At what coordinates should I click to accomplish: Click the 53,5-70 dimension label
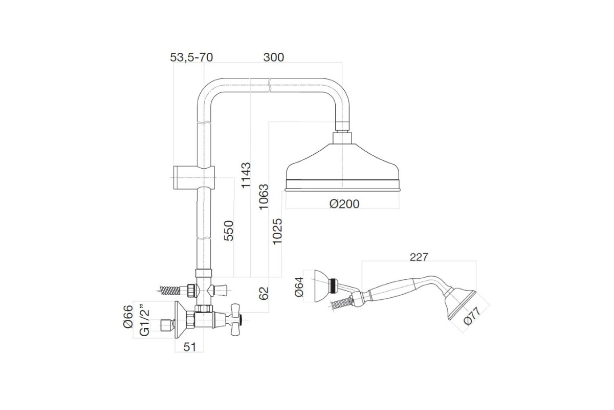pyautogui.click(x=191, y=57)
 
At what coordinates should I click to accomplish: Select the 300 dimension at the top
pyautogui.click(x=274, y=57)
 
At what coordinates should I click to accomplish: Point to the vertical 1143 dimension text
pyautogui.click(x=246, y=175)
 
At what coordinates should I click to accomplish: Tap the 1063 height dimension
pyautogui.click(x=264, y=197)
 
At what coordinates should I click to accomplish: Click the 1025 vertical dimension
pyautogui.click(x=277, y=231)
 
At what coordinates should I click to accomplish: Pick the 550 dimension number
pyautogui.click(x=229, y=231)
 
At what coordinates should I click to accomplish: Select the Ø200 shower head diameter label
pyautogui.click(x=344, y=204)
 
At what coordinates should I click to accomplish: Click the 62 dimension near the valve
pyautogui.click(x=264, y=294)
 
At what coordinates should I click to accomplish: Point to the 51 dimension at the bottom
pyautogui.click(x=189, y=347)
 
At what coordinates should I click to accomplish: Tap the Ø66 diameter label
pyautogui.click(x=128, y=317)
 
